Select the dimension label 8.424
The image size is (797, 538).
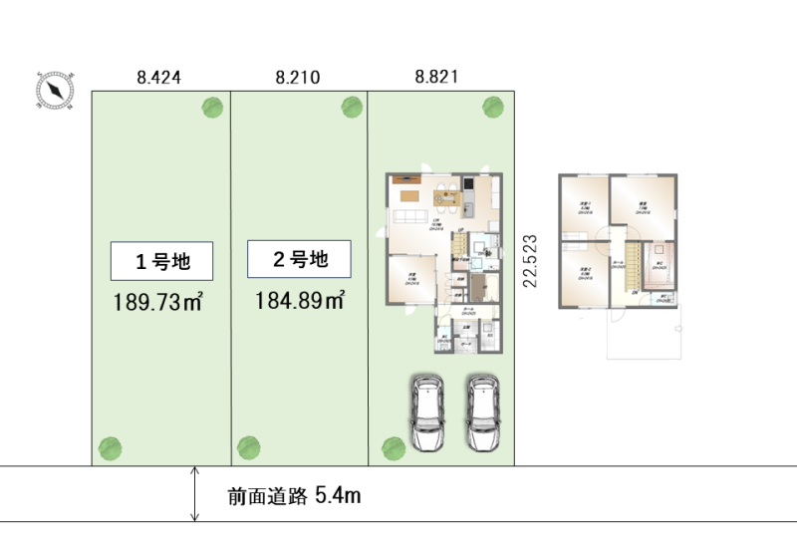click(x=158, y=77)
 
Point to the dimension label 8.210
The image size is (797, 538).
click(x=298, y=77)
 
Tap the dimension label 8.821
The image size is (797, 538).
click(x=437, y=77)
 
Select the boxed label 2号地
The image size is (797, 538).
click(x=299, y=260)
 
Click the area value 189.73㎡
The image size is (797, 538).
click(x=158, y=302)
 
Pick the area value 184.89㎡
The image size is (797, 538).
click(x=300, y=299)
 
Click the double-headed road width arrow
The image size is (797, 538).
click(x=195, y=494)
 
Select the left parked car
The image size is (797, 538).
click(x=427, y=411)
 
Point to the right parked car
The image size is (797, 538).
click(x=482, y=411)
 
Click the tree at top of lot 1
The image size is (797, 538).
click(x=212, y=107)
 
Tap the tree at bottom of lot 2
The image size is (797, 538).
click(x=247, y=447)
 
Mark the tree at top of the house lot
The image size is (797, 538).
click(x=491, y=107)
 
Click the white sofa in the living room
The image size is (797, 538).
click(x=410, y=216)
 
